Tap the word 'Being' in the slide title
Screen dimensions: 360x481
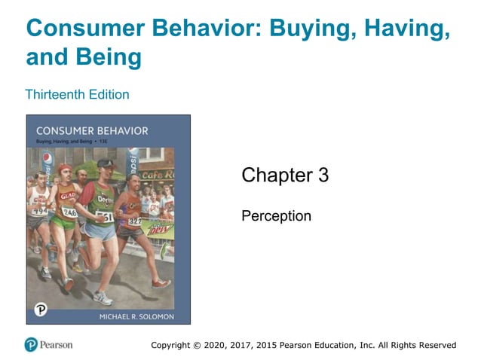point(112,56)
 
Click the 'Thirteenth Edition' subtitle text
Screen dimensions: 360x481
point(77,94)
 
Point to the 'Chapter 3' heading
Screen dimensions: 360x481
point(284,175)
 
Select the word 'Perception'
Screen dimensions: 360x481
point(276,216)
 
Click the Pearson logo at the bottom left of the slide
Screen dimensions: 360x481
point(48,344)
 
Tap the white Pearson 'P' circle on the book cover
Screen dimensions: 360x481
point(41,310)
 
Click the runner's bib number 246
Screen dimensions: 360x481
point(69,212)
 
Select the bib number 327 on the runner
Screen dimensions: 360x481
point(134,221)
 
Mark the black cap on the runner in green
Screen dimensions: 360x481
point(106,163)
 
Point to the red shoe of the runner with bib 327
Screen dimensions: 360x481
point(161,284)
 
